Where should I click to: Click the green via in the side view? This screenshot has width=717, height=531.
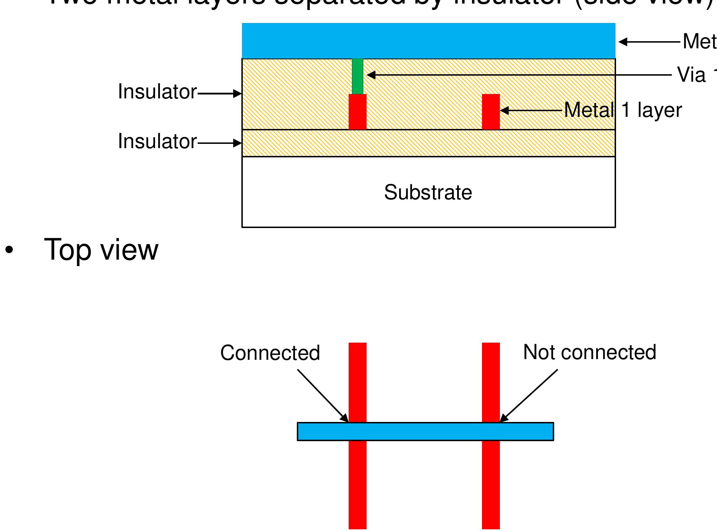[357, 76]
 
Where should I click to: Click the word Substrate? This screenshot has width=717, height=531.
[428, 193]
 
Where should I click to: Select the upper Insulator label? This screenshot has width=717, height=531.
[157, 92]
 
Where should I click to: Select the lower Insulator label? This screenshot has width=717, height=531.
[157, 141]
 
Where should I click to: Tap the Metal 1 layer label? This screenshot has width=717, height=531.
[623, 110]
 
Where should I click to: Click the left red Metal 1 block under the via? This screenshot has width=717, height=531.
[357, 112]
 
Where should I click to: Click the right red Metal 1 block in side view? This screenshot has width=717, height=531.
[491, 112]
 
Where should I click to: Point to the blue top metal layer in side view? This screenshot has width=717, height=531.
[428, 41]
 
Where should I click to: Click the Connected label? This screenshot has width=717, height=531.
[270, 353]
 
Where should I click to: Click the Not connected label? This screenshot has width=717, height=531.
[589, 352]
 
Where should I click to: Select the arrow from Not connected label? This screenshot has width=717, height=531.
[529, 395]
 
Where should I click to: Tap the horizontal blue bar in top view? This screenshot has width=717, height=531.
[425, 432]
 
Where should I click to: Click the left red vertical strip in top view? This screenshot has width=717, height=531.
[357, 487]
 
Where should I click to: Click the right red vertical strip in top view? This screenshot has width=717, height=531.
[491, 487]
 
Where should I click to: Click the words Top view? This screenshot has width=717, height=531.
[101, 249]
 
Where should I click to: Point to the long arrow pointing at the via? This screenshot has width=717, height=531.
[519, 75]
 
